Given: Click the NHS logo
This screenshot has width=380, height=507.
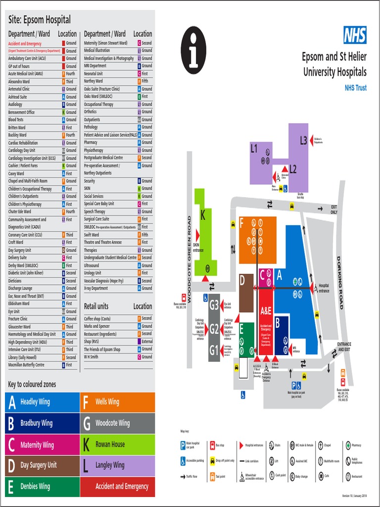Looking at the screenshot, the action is point(355,35).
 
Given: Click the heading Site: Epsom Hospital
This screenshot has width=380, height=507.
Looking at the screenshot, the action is point(40,20).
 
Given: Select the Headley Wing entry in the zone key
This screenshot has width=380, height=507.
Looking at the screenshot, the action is point(42,402).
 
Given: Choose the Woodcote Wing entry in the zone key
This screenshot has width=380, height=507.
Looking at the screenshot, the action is point(118,423).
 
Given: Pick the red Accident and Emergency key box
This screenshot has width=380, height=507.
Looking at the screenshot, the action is point(118,486).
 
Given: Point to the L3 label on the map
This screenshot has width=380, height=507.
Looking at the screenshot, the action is point(303,141).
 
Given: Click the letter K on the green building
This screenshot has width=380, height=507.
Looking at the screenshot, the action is point(202,216).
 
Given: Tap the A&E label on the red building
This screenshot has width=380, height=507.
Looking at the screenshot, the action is point(266,311).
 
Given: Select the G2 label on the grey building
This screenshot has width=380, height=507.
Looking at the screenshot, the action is point(214,329).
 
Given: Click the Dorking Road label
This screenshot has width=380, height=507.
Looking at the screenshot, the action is point(339,282).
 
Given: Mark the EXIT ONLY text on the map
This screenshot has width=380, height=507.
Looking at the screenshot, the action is point(334,209).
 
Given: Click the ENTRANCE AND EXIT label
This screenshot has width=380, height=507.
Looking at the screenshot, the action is point(344,347).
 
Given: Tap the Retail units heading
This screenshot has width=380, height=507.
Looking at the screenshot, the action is point(96,306).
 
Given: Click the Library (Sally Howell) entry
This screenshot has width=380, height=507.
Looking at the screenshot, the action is point(23,357).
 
